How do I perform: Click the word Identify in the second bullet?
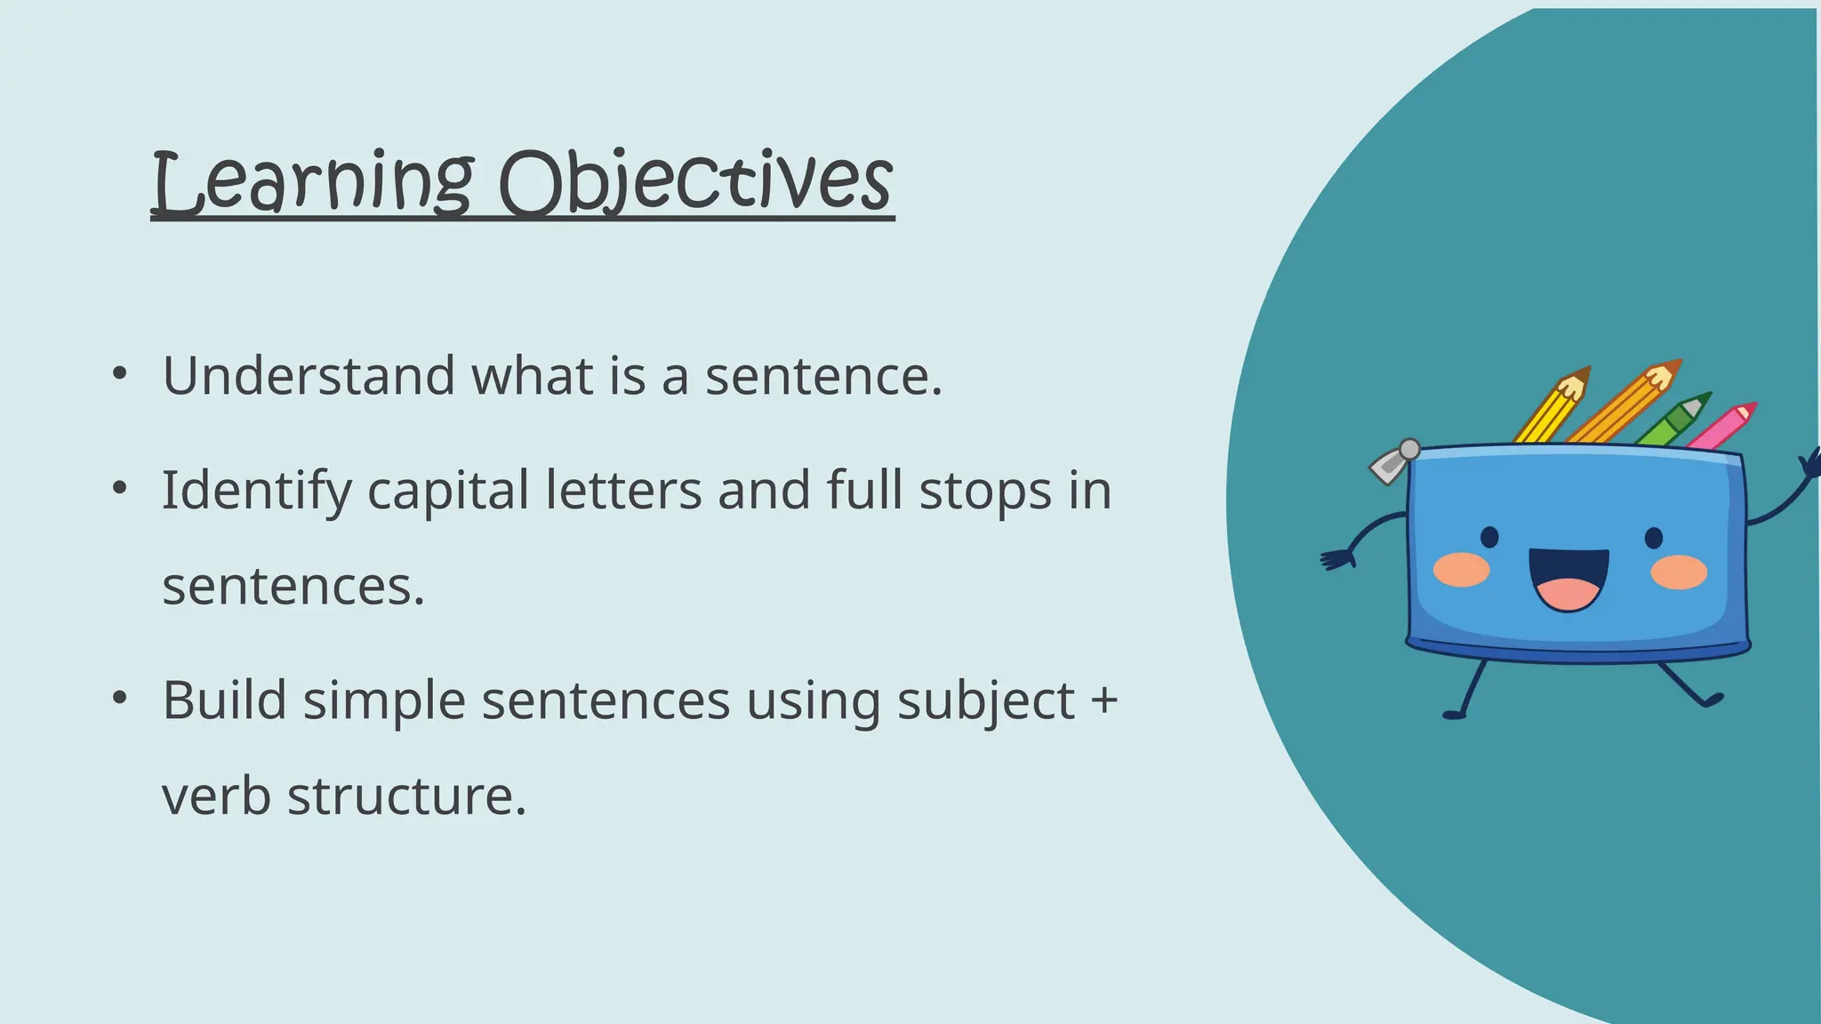(256, 491)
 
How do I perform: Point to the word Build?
(224, 700)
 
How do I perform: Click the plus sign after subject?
(1103, 700)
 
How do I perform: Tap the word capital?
(448, 491)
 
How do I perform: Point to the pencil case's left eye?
(1489, 537)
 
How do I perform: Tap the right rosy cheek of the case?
(1679, 572)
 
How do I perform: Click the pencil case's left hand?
(1336, 559)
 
